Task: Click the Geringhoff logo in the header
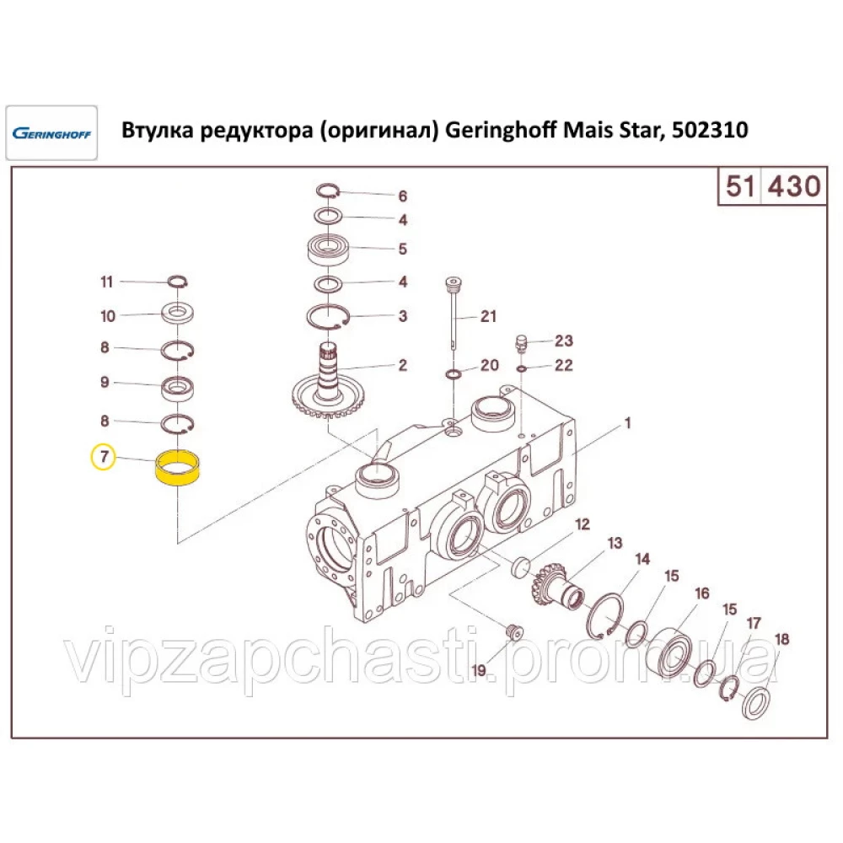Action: [51, 133]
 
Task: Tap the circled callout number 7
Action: [103, 458]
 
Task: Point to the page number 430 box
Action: [792, 185]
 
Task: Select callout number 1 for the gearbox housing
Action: [626, 423]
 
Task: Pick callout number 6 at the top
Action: [402, 196]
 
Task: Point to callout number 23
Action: [564, 341]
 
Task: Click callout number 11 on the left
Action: [106, 282]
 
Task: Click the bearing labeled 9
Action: [179, 388]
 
